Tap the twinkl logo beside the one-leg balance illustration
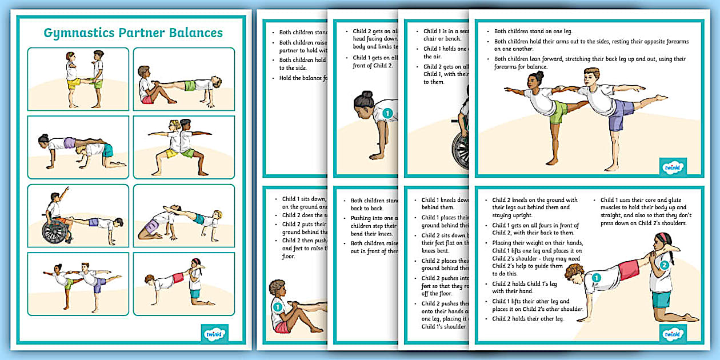pos(673,167)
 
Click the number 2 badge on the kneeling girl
pos(664,265)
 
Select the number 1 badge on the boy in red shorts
pos(596,278)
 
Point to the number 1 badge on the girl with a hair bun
pos(387,113)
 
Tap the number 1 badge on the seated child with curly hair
pos(278,307)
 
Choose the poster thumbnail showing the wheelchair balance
pos(78,215)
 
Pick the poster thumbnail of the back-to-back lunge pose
pos(183,147)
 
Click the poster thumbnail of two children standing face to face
pos(78,79)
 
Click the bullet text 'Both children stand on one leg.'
pos(533,31)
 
